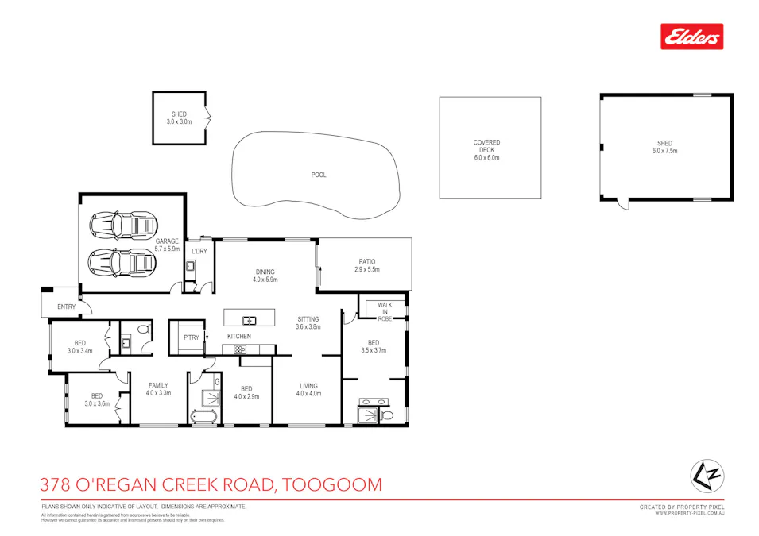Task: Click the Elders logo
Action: click(691, 37)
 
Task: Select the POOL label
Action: click(319, 175)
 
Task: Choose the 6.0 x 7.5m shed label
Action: click(664, 147)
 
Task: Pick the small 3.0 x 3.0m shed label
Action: click(179, 118)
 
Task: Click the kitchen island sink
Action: click(250, 320)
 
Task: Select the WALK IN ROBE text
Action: click(385, 311)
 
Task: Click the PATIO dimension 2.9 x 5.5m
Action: click(366, 270)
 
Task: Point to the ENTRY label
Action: click(67, 307)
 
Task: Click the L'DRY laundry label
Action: click(199, 251)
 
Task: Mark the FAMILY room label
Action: click(158, 389)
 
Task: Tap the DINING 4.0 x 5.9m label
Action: click(265, 276)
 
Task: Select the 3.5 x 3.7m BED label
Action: click(373, 346)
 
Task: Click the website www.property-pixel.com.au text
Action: click(689, 514)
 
